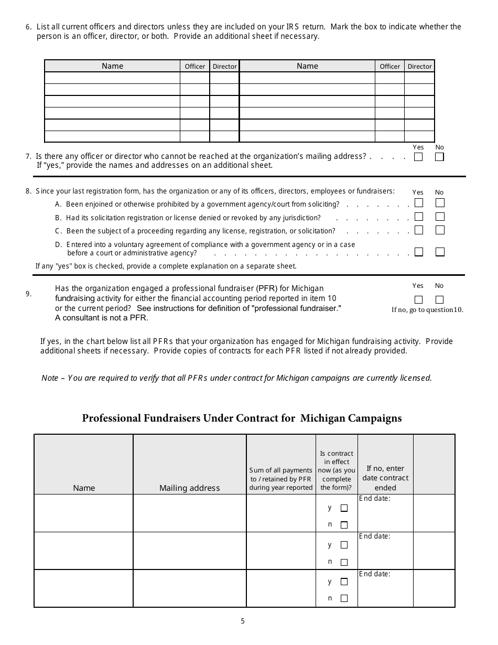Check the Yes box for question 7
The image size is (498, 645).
(418, 157)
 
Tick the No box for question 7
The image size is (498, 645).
(439, 157)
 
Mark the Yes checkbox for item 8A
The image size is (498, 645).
(419, 203)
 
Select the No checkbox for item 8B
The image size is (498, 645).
(440, 217)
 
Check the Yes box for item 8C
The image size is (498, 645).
(419, 230)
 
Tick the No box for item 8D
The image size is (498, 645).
(440, 252)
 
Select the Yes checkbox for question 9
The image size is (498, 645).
(418, 300)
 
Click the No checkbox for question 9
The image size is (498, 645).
(439, 300)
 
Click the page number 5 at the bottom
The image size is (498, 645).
(243, 621)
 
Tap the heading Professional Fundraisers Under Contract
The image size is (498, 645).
(242, 418)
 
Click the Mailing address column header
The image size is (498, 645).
(189, 488)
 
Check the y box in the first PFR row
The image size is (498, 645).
(344, 508)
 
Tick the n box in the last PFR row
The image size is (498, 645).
(344, 598)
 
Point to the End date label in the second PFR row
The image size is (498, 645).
(374, 536)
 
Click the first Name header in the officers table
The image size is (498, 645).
(112, 66)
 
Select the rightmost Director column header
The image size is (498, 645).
(419, 67)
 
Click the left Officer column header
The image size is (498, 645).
(195, 67)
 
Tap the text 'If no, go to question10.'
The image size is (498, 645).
(427, 309)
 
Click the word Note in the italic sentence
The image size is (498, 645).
(50, 378)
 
